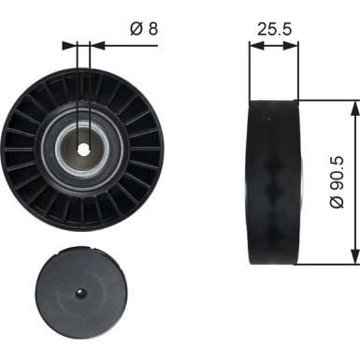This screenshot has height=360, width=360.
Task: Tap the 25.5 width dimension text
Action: point(271,29)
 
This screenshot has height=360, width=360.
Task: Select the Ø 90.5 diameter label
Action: point(340,180)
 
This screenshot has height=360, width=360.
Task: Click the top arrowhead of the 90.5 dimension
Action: point(353,108)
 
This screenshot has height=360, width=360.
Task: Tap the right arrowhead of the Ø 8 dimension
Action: point(97,44)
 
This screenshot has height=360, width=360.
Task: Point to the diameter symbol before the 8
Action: point(137,29)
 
